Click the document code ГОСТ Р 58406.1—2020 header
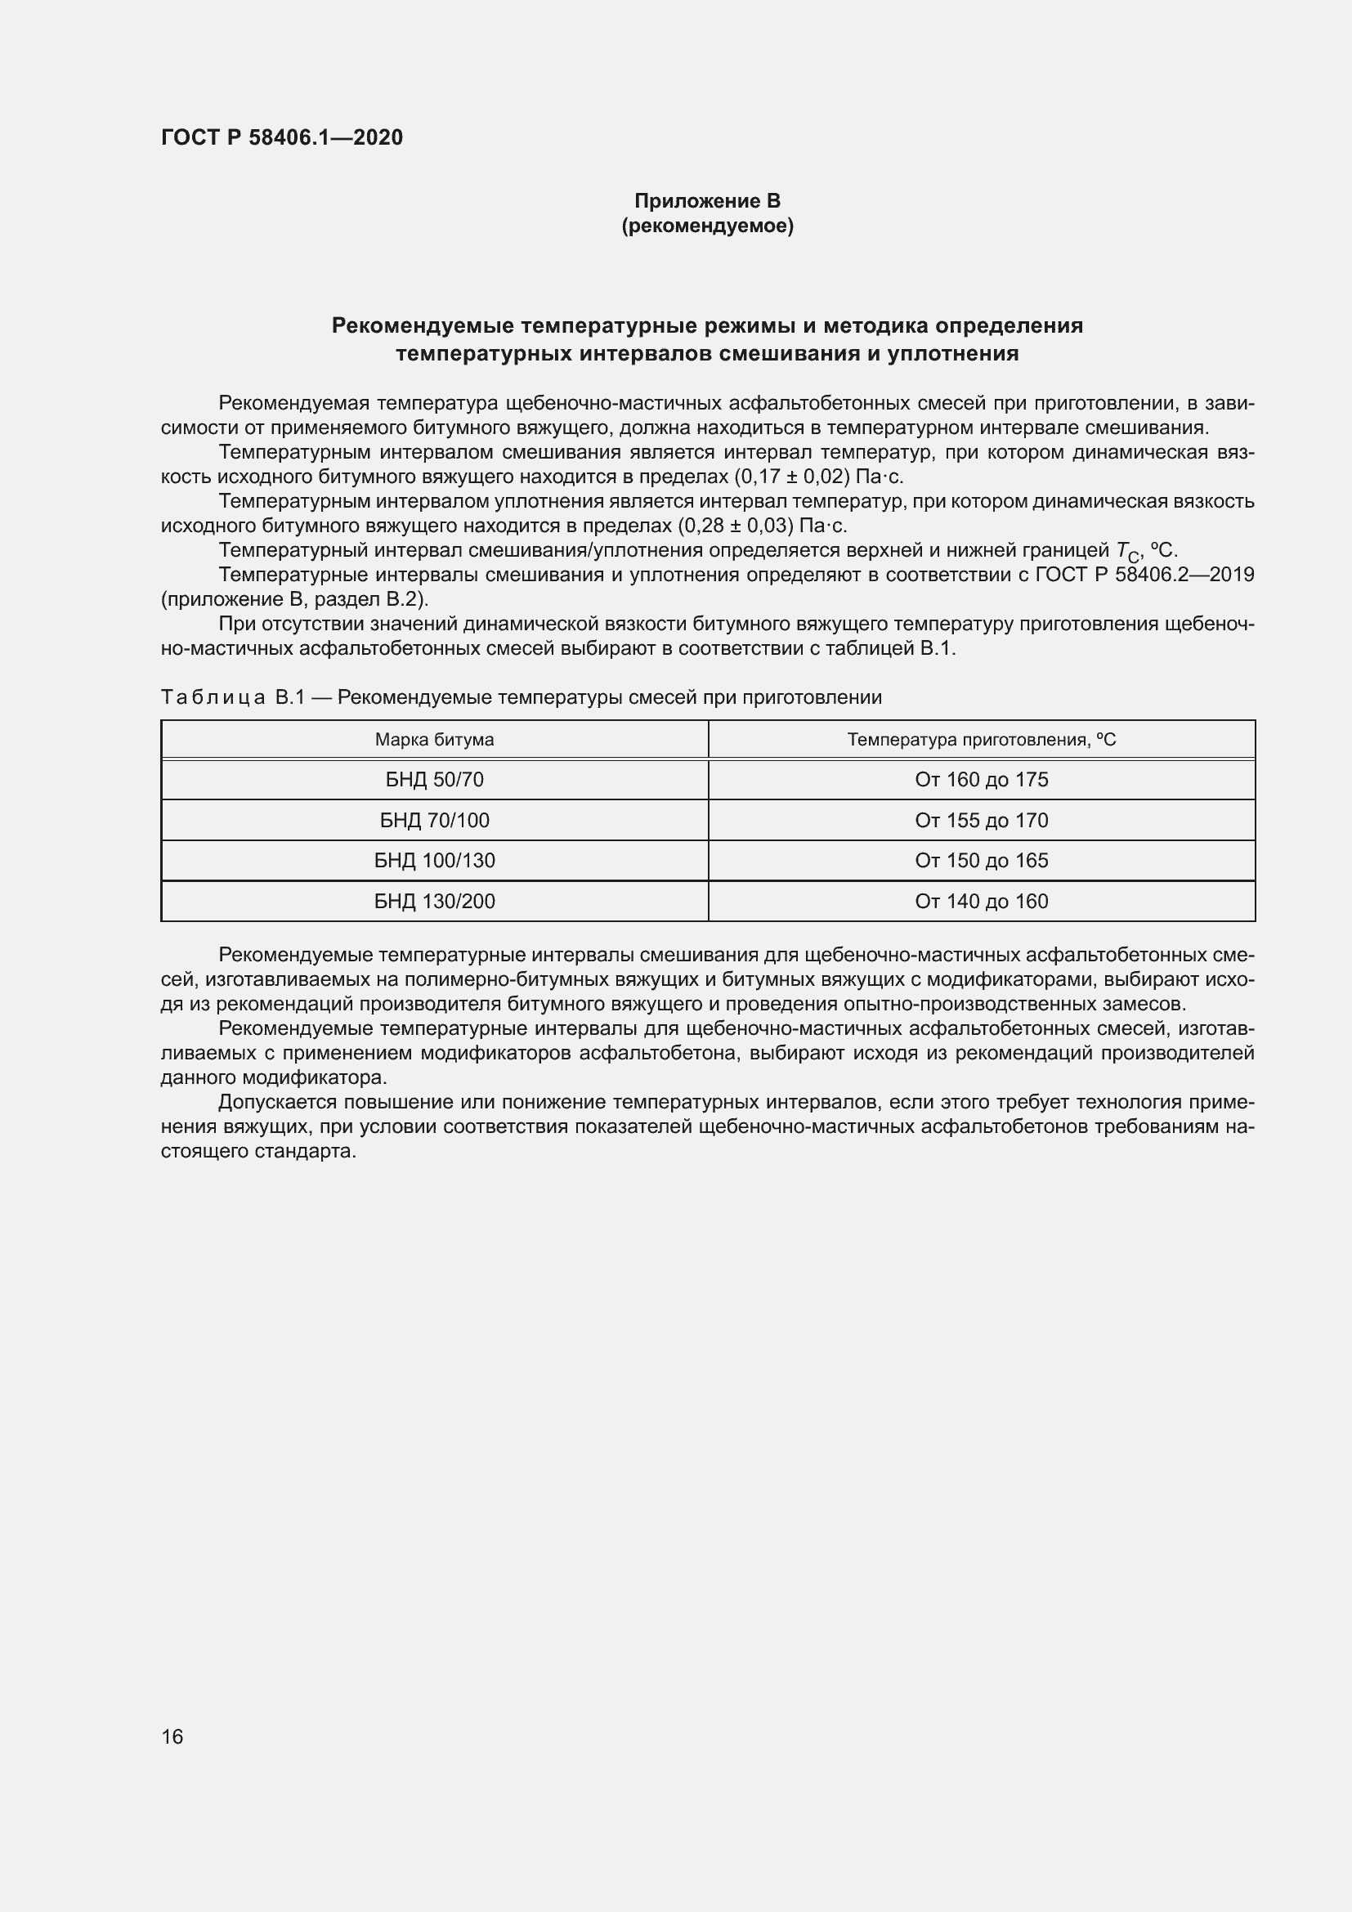tap(281, 137)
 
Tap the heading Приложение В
tap(707, 201)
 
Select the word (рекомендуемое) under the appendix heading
tap(707, 226)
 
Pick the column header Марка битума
tap(434, 740)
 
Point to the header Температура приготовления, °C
tap(982, 740)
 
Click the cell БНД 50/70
tap(434, 780)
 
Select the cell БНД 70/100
tap(434, 820)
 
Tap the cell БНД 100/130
tap(434, 860)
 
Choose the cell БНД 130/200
tap(434, 901)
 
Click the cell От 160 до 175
tap(982, 780)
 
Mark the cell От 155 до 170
tap(982, 820)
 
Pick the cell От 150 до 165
tap(982, 860)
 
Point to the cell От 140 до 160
tap(982, 901)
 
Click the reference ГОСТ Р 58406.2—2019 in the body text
tap(1144, 575)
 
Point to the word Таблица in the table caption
tap(213, 697)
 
